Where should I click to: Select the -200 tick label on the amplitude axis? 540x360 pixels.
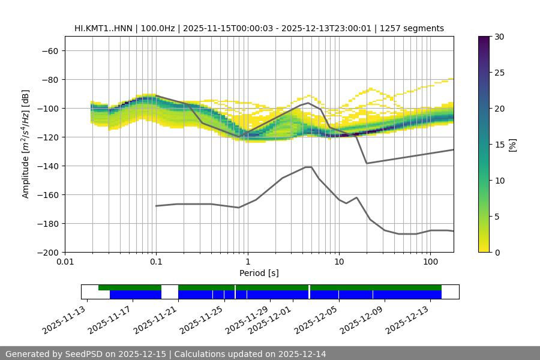(47, 252)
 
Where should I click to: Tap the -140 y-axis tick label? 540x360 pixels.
(47, 166)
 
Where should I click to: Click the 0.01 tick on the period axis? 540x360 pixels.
(65, 262)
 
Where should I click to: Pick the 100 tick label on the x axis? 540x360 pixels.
(430, 262)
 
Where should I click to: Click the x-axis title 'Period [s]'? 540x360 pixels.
(259, 273)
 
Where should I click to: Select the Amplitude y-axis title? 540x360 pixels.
(26, 144)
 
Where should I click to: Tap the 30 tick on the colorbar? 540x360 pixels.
(499, 37)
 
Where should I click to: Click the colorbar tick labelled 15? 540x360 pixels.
(499, 145)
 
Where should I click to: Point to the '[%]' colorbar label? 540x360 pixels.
(512, 145)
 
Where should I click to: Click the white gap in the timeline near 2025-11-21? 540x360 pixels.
(170, 292)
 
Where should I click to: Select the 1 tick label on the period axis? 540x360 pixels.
(247, 262)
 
